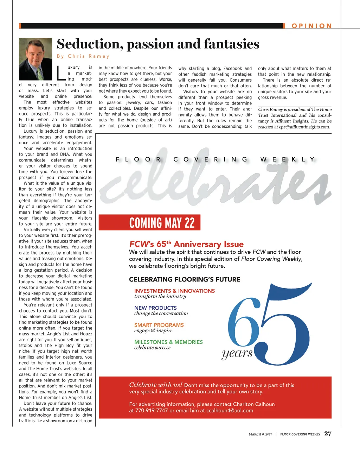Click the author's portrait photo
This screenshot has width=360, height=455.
tap(35, 59)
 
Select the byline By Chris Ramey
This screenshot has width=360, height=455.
tap(83, 56)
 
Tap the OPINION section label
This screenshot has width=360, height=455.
tap(311, 26)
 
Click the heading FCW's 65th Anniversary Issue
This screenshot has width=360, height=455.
tap(186, 244)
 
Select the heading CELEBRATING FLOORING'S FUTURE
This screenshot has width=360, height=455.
tap(185, 279)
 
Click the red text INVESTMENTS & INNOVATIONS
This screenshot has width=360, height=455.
tap(174, 291)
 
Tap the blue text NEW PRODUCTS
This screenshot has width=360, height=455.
tap(155, 308)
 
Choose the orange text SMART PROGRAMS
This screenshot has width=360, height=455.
tap(159, 325)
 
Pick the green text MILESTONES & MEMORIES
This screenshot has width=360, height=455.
tap(168, 342)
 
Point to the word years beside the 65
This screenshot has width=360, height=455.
tap(237, 353)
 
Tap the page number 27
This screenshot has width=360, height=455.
tap(328, 434)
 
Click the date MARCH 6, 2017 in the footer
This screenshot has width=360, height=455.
tap(260, 435)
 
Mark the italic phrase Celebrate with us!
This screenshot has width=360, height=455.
tap(156, 385)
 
